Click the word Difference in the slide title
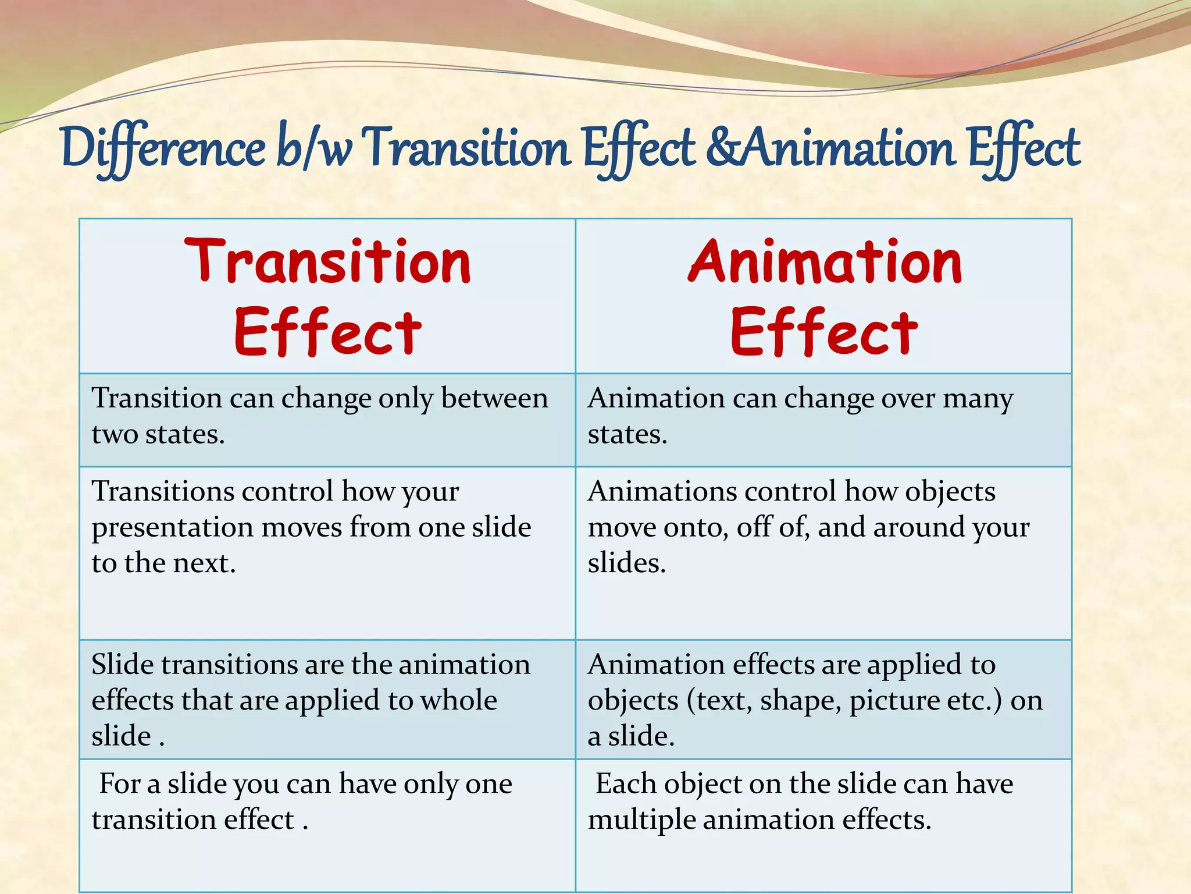[163, 148]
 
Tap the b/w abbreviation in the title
[314, 148]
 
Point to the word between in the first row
[494, 399]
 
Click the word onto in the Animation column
[695, 527]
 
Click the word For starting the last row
[120, 784]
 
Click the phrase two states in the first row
[158, 435]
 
